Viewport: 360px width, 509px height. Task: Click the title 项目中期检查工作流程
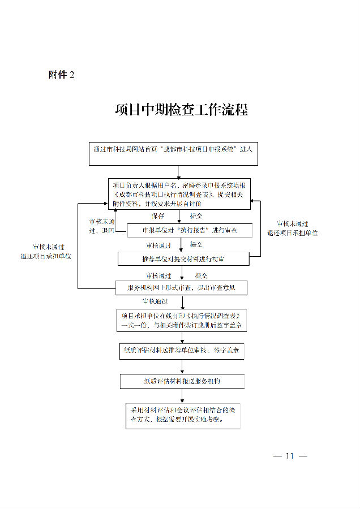click(x=181, y=110)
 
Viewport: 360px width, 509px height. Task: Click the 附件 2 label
click(x=62, y=75)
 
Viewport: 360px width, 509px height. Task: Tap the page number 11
click(x=289, y=456)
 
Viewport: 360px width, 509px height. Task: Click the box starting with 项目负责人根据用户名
click(x=179, y=194)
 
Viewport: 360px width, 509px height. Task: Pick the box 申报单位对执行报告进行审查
click(x=181, y=231)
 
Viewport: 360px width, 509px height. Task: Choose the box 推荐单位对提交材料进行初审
click(x=183, y=259)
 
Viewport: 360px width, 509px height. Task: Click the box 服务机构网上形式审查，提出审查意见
click(x=182, y=288)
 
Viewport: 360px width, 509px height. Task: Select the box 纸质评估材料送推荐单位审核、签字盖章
click(x=182, y=351)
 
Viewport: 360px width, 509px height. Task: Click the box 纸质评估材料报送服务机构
click(x=182, y=381)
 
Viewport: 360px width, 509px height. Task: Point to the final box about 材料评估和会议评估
click(x=182, y=416)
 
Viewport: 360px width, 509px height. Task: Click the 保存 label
click(x=157, y=216)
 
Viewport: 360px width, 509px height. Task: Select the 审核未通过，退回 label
click(x=102, y=226)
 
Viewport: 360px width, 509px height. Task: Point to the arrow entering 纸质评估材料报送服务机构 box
click(x=182, y=368)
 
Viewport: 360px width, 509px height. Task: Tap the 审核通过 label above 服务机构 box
click(x=158, y=276)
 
